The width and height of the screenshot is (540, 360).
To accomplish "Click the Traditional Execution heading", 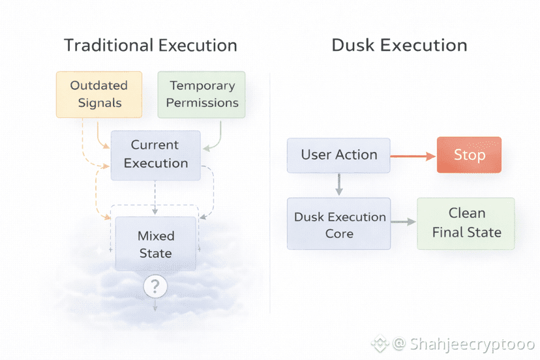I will point(150,46).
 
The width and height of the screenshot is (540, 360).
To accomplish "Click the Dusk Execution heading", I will point(399,46).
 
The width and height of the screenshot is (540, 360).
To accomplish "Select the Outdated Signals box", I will point(98,94).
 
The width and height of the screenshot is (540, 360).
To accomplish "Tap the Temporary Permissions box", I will point(202,94).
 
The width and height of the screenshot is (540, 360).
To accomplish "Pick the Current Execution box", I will point(155,155).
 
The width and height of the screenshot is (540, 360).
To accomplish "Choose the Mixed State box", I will point(155,244).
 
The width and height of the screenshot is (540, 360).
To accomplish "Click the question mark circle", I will point(155,286).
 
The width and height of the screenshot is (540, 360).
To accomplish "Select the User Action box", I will point(338,155).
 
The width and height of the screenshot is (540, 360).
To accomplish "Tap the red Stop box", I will point(469,155).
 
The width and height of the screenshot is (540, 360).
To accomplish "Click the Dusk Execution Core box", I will point(338,224).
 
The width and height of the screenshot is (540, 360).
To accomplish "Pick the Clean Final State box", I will point(466,223).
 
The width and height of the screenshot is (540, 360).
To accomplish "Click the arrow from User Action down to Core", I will point(338,185).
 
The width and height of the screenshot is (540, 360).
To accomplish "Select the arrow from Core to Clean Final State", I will point(404,222).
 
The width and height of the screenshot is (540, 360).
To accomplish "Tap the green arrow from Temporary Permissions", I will point(217,137).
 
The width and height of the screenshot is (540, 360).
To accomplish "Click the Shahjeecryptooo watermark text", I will point(473,343).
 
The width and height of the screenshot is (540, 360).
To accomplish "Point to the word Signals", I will point(99,102).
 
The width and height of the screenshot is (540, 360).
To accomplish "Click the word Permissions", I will point(202,102).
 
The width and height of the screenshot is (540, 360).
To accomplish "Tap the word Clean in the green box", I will point(466,213).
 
